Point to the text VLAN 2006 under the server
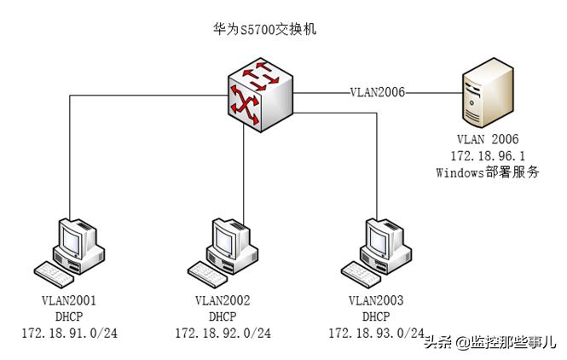(x=488, y=139)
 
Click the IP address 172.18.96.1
(x=488, y=155)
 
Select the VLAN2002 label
(x=223, y=300)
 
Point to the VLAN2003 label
(x=376, y=300)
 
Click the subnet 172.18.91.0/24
(x=69, y=333)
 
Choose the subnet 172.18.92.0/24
(x=223, y=333)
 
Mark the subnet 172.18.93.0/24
(x=376, y=332)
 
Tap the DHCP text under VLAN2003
(x=376, y=316)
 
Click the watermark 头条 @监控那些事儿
(x=489, y=342)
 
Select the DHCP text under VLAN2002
(x=223, y=316)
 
